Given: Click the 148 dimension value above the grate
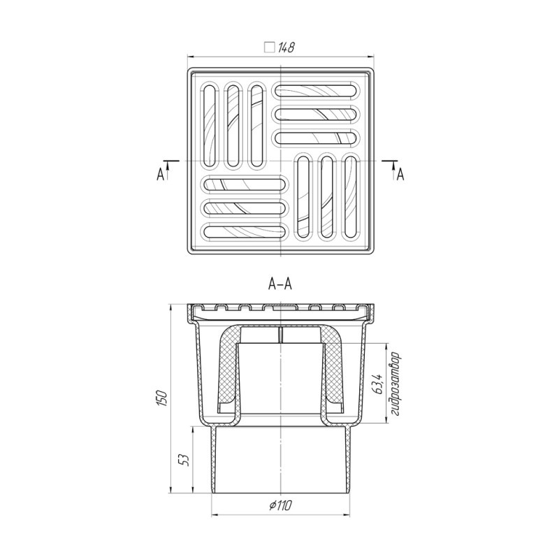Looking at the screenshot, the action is pyautogui.click(x=286, y=48).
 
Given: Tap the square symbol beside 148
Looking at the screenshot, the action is pyautogui.click(x=270, y=48).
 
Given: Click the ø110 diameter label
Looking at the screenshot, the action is pyautogui.click(x=281, y=504).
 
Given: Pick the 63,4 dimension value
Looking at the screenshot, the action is pyautogui.click(x=377, y=383).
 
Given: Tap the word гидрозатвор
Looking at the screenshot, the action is pyautogui.click(x=395, y=384).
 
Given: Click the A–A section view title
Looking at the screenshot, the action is pyautogui.click(x=280, y=284).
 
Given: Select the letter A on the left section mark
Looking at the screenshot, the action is pyautogui.click(x=160, y=175).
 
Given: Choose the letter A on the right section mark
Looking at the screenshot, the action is pyautogui.click(x=400, y=175).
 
